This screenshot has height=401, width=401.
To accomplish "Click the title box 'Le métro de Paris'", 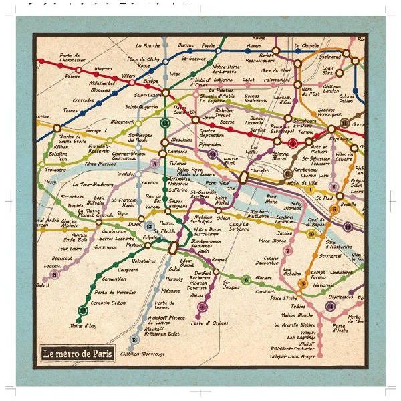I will coord(76,353).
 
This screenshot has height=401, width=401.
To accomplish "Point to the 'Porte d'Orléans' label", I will coord(206,323).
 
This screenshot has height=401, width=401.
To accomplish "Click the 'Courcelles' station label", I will coord(83,100).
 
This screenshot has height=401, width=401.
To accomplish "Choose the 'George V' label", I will coord(97,130).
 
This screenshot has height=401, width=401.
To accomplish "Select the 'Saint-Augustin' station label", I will coord(139,107).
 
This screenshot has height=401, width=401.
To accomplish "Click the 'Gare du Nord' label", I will coord(276,70).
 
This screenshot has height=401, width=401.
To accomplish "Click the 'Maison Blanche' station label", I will coord(296,314).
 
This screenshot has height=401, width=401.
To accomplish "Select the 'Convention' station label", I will coord(113,279).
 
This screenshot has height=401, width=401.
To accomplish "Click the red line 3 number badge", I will coord(292,142).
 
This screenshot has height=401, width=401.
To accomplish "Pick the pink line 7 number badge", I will coord(287,251).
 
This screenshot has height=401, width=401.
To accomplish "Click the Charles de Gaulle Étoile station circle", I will coord(57,127).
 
